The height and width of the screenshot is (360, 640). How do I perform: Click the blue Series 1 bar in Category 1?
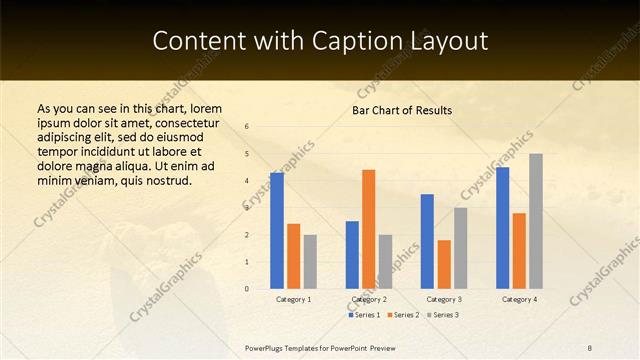pyautogui.click(x=277, y=231)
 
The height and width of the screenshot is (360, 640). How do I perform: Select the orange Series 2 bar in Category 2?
pyautogui.click(x=368, y=229)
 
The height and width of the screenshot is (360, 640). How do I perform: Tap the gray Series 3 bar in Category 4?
pyautogui.click(x=536, y=221)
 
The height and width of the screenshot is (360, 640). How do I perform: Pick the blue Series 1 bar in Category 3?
pyautogui.click(x=427, y=241)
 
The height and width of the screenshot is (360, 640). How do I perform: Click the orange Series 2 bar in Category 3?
pyautogui.click(x=444, y=264)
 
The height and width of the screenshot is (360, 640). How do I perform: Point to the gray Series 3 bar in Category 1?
pyautogui.click(x=310, y=262)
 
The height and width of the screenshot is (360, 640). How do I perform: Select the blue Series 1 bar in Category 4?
pyautogui.click(x=502, y=228)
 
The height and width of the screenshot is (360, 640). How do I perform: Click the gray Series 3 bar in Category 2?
pyautogui.click(x=385, y=262)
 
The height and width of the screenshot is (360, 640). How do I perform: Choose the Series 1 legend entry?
pyautogui.click(x=365, y=315)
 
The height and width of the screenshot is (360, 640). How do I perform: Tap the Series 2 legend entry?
pyautogui.click(x=402, y=315)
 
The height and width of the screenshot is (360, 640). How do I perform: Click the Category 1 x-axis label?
pyautogui.click(x=293, y=299)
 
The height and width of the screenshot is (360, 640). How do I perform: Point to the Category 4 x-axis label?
pyautogui.click(x=519, y=299)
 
